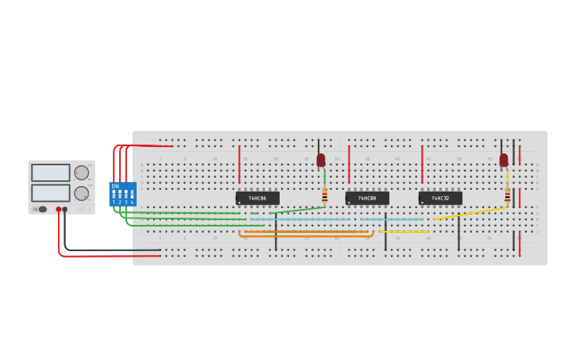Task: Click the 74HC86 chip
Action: [257, 198]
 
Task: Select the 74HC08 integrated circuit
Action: [367, 198]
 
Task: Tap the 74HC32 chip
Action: [440, 198]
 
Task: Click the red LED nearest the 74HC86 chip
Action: [321, 160]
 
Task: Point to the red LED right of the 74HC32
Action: [504, 160]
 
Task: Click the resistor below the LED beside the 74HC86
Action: [324, 195]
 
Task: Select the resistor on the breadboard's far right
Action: [508, 195]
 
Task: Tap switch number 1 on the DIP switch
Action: [114, 194]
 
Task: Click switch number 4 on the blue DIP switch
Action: [132, 194]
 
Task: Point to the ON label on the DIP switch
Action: [115, 186]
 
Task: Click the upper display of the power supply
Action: [51, 172]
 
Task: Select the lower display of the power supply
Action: [51, 193]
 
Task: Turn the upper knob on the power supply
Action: [81, 172]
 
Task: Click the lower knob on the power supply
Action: [81, 193]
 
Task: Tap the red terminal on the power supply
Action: [58, 210]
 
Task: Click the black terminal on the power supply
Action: [65, 210]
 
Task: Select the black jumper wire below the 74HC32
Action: [458, 232]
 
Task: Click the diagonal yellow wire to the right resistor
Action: [469, 214]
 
